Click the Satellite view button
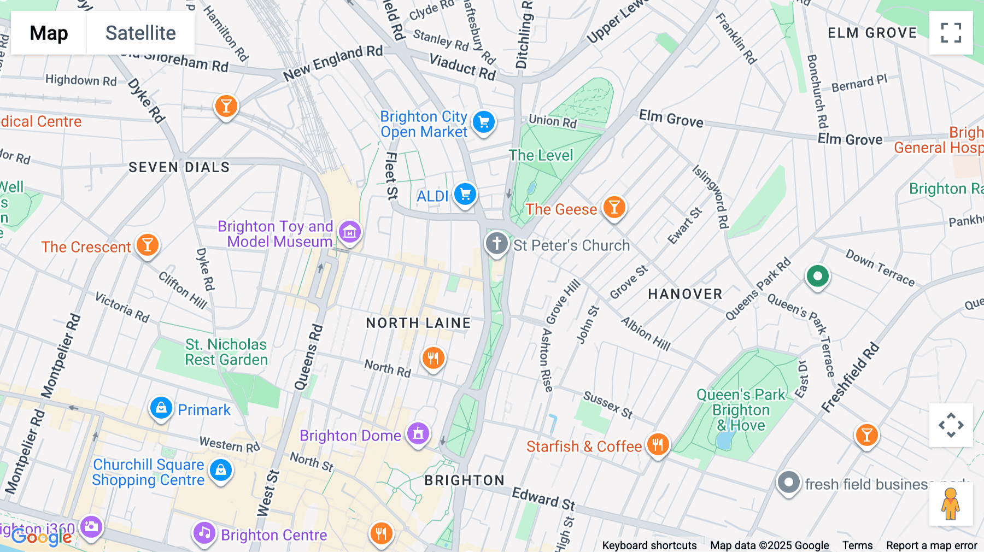(140, 33)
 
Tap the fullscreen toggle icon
(951, 33)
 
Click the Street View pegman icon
(951, 504)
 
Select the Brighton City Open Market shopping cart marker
(483, 122)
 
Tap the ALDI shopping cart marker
(465, 194)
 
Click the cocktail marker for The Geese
(614, 208)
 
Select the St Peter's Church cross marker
(496, 243)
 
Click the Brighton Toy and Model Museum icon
(350, 232)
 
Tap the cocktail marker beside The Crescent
(147, 245)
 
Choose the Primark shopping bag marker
(161, 408)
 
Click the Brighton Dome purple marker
(418, 434)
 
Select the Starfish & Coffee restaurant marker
(658, 445)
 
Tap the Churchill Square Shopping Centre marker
(221, 470)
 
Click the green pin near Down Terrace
(817, 277)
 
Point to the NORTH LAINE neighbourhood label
(418, 323)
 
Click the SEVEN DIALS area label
(179, 167)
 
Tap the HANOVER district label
(685, 295)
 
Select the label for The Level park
(541, 156)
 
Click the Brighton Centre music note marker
(204, 532)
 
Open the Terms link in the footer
(857, 545)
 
